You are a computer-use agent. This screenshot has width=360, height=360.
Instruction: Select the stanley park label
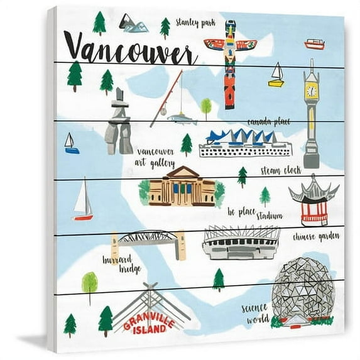[x=195, y=23]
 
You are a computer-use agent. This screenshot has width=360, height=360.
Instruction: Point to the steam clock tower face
[x=310, y=91]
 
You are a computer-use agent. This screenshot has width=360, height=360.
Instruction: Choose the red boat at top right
[x=314, y=44]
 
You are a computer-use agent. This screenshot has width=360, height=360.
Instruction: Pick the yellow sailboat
[x=276, y=75]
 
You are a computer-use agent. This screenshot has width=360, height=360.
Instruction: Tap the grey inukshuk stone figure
[x=118, y=124]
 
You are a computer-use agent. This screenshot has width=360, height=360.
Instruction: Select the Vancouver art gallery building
[x=182, y=187]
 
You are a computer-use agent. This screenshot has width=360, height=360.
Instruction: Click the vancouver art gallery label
[x=155, y=158]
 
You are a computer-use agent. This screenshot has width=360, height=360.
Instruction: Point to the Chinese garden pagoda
[x=314, y=200]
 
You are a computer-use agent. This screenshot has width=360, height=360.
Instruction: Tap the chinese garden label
[x=316, y=237]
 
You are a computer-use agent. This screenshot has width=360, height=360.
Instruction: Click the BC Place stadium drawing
[x=241, y=243]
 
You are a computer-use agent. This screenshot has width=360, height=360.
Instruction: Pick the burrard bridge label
[x=118, y=264]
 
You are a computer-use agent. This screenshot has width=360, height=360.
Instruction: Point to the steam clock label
[x=280, y=170]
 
